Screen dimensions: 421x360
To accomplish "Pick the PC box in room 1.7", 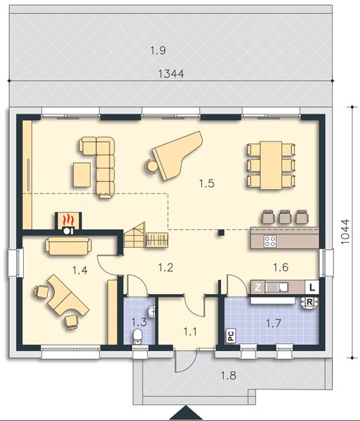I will click(x=230, y=336).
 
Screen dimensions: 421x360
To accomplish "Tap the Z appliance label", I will click(x=258, y=287).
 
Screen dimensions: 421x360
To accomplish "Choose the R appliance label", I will click(x=308, y=302).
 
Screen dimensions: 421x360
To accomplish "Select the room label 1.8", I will click(x=228, y=375).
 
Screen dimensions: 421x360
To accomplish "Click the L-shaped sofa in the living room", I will click(x=98, y=163).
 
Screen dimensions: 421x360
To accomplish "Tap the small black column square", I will click(x=220, y=232).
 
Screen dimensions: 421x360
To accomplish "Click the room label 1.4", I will click(x=81, y=268).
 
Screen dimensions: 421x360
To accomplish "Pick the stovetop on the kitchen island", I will click(x=269, y=241).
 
